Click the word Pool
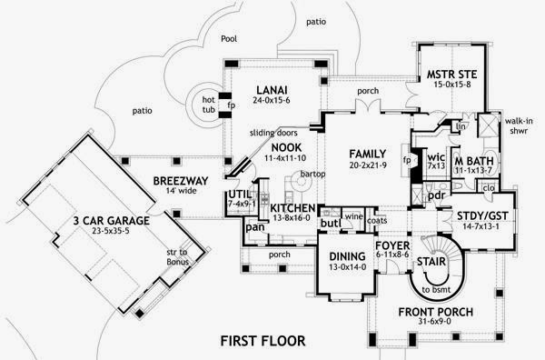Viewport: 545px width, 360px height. [x=229, y=39]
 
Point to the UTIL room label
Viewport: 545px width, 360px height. [x=239, y=195]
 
